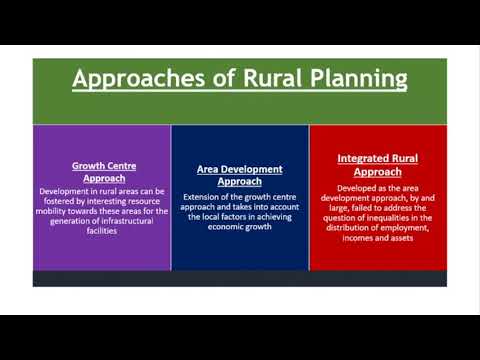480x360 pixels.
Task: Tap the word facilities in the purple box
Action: pyautogui.click(x=102, y=231)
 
